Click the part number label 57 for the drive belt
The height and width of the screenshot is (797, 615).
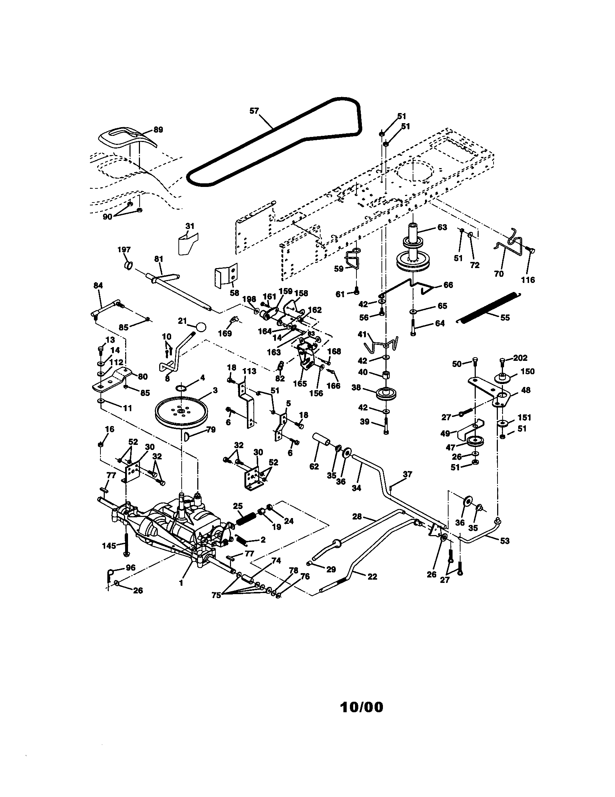[x=254, y=111]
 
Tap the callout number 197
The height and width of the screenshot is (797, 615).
[x=124, y=250]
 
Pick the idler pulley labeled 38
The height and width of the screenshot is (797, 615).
[x=386, y=394]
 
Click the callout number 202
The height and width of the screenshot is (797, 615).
[x=520, y=358]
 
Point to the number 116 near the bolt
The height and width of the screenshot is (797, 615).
[x=528, y=280]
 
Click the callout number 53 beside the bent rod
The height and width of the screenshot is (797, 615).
[x=504, y=541]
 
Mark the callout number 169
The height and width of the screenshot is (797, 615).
[x=224, y=333]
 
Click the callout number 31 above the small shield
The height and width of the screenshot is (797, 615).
[x=190, y=226]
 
